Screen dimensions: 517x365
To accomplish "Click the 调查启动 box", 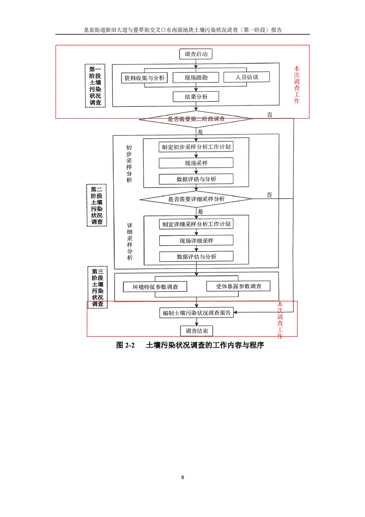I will pyautogui.click(x=196, y=54).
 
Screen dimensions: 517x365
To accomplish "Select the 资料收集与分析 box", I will pyautogui.click(x=144, y=78).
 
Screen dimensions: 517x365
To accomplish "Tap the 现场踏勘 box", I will pyautogui.click(x=196, y=78).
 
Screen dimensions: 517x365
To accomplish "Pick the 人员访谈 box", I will pyautogui.click(x=247, y=77).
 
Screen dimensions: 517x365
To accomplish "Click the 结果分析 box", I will pyautogui.click(x=196, y=97).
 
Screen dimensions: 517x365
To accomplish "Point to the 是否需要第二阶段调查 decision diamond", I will pyautogui.click(x=197, y=119).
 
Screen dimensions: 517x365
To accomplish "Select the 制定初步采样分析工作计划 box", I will pyautogui.click(x=196, y=147).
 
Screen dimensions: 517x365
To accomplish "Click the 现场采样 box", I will pyautogui.click(x=196, y=163).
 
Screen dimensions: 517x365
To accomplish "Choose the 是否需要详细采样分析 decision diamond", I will pyautogui.click(x=197, y=199).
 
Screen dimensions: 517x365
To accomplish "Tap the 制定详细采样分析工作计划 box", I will pyautogui.click(x=196, y=224).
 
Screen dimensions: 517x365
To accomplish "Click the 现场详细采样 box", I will pyautogui.click(x=196, y=241).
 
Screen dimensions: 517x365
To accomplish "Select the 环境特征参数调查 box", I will pyautogui.click(x=155, y=287).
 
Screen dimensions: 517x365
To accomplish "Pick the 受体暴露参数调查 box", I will pyautogui.click(x=238, y=286).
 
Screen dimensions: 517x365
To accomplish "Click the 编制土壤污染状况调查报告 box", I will pyautogui.click(x=197, y=313).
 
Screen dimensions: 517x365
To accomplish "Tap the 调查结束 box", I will pyautogui.click(x=197, y=331).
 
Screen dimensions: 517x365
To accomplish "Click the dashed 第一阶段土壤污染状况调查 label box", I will pyautogui.click(x=96, y=86).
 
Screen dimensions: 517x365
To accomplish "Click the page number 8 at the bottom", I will pyautogui.click(x=183, y=477).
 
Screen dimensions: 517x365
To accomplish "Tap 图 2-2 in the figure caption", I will pyautogui.click(x=125, y=345).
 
